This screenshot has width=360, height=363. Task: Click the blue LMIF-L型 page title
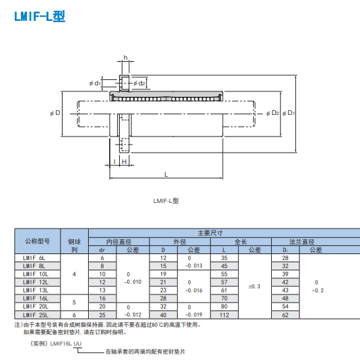(40, 16)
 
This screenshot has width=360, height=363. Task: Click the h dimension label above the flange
(125, 57)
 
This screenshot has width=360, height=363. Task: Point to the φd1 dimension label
(95, 83)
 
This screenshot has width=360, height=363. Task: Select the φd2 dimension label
(139, 83)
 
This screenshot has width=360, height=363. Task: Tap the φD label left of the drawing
(55, 113)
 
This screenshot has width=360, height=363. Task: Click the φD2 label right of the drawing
(273, 113)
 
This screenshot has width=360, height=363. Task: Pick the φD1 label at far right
(289, 113)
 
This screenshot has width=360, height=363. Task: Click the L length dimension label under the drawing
(166, 175)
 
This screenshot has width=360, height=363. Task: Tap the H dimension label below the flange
(124, 161)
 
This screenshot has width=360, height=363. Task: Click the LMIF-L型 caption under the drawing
(166, 201)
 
